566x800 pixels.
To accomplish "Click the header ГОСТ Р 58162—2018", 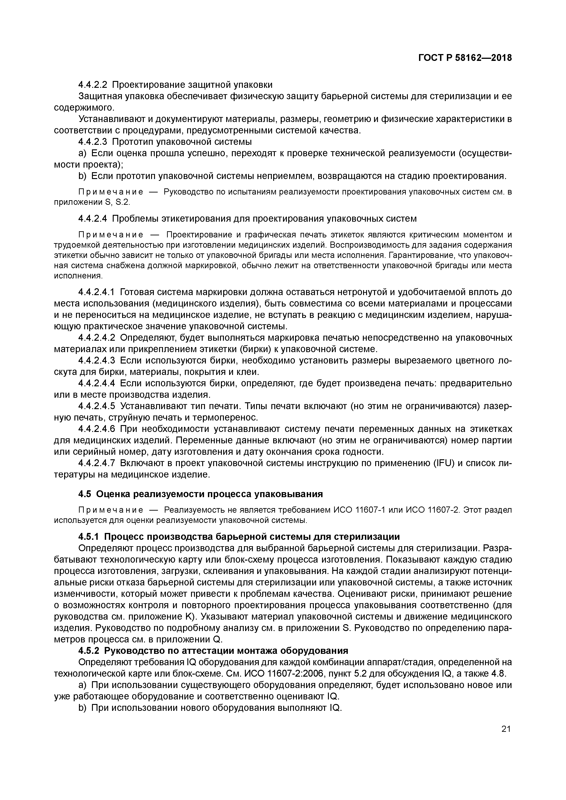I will [465, 58].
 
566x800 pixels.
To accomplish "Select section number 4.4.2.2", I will [93, 85].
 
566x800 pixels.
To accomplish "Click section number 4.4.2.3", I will [93, 142].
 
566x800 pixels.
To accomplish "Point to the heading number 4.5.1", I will [89, 537].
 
